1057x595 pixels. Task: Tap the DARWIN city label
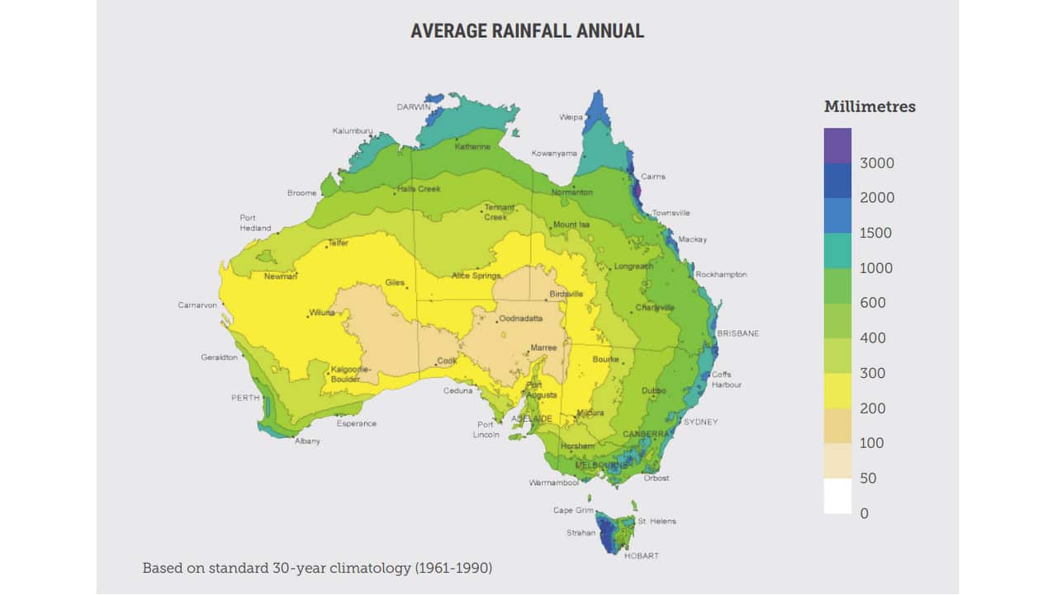click(x=414, y=107)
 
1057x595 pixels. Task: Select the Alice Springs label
click(x=476, y=276)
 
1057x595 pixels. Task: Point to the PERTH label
click(x=244, y=398)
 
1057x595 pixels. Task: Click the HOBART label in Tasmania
click(x=642, y=556)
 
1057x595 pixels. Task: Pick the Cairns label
click(x=653, y=177)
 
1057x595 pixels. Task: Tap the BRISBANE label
click(x=737, y=333)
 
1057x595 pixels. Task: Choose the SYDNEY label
click(x=700, y=423)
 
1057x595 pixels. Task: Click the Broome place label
click(x=301, y=193)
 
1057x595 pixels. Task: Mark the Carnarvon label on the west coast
click(x=197, y=305)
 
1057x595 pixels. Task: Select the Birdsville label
click(x=566, y=294)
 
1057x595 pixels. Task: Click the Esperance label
click(x=357, y=424)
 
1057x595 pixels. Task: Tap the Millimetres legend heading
click(x=870, y=106)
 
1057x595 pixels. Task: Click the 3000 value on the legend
click(x=877, y=163)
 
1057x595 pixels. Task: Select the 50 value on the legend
click(x=868, y=479)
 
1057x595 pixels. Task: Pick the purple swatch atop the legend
click(x=837, y=145)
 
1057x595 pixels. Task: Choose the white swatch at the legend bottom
click(x=837, y=496)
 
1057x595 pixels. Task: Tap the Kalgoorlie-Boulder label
click(x=345, y=374)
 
